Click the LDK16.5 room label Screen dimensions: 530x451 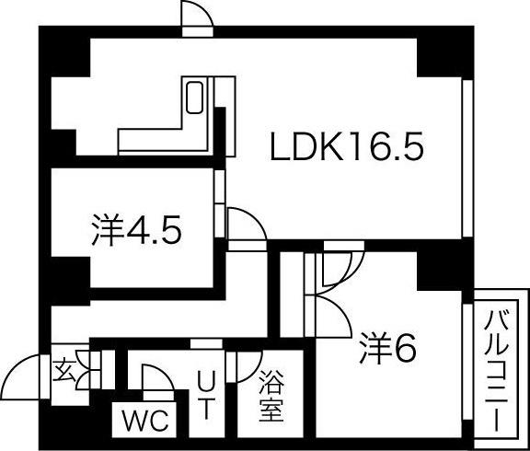point(347,146)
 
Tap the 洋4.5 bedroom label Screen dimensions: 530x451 point(136,230)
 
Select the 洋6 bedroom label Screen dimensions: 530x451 point(387,348)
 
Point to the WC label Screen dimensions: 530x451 point(145,421)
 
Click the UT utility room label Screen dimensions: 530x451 point(206,395)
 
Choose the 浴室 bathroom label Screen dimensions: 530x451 point(271,396)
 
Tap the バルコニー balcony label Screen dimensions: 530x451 point(496,371)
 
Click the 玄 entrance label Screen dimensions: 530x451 point(64,370)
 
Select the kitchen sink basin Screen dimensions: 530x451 point(194,98)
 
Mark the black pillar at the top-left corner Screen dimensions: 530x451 point(65,52)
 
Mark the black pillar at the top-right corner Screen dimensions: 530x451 point(444,52)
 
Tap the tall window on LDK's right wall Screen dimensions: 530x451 point(467,158)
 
